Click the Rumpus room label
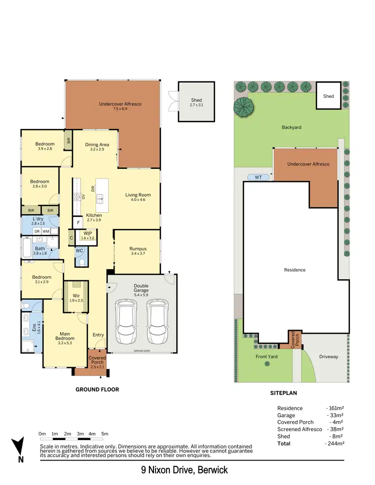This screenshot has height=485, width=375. tap(137, 250)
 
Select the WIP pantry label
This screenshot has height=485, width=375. tap(88, 236)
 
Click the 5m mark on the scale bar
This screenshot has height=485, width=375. tap(105, 434)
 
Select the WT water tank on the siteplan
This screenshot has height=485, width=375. tap(258, 177)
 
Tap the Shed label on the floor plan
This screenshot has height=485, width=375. tap(196, 103)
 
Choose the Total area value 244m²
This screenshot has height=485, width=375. tap(334, 443)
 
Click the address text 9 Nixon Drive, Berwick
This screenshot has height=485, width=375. tap(184, 470)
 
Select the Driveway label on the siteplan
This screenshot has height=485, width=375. tap(328, 357)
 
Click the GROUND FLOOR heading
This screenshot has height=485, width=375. tap(97, 390)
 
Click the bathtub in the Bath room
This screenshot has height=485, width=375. tap(27, 247)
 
